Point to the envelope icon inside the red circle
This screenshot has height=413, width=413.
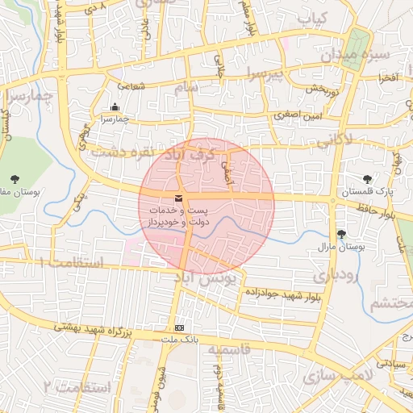[177, 198]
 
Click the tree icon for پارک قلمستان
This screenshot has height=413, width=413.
[369, 179]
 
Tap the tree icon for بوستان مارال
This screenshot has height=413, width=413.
[341, 234]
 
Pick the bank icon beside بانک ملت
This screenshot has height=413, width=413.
[179, 327]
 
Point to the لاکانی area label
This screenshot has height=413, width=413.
[334, 140]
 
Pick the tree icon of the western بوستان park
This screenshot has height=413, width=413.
[13, 178]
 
